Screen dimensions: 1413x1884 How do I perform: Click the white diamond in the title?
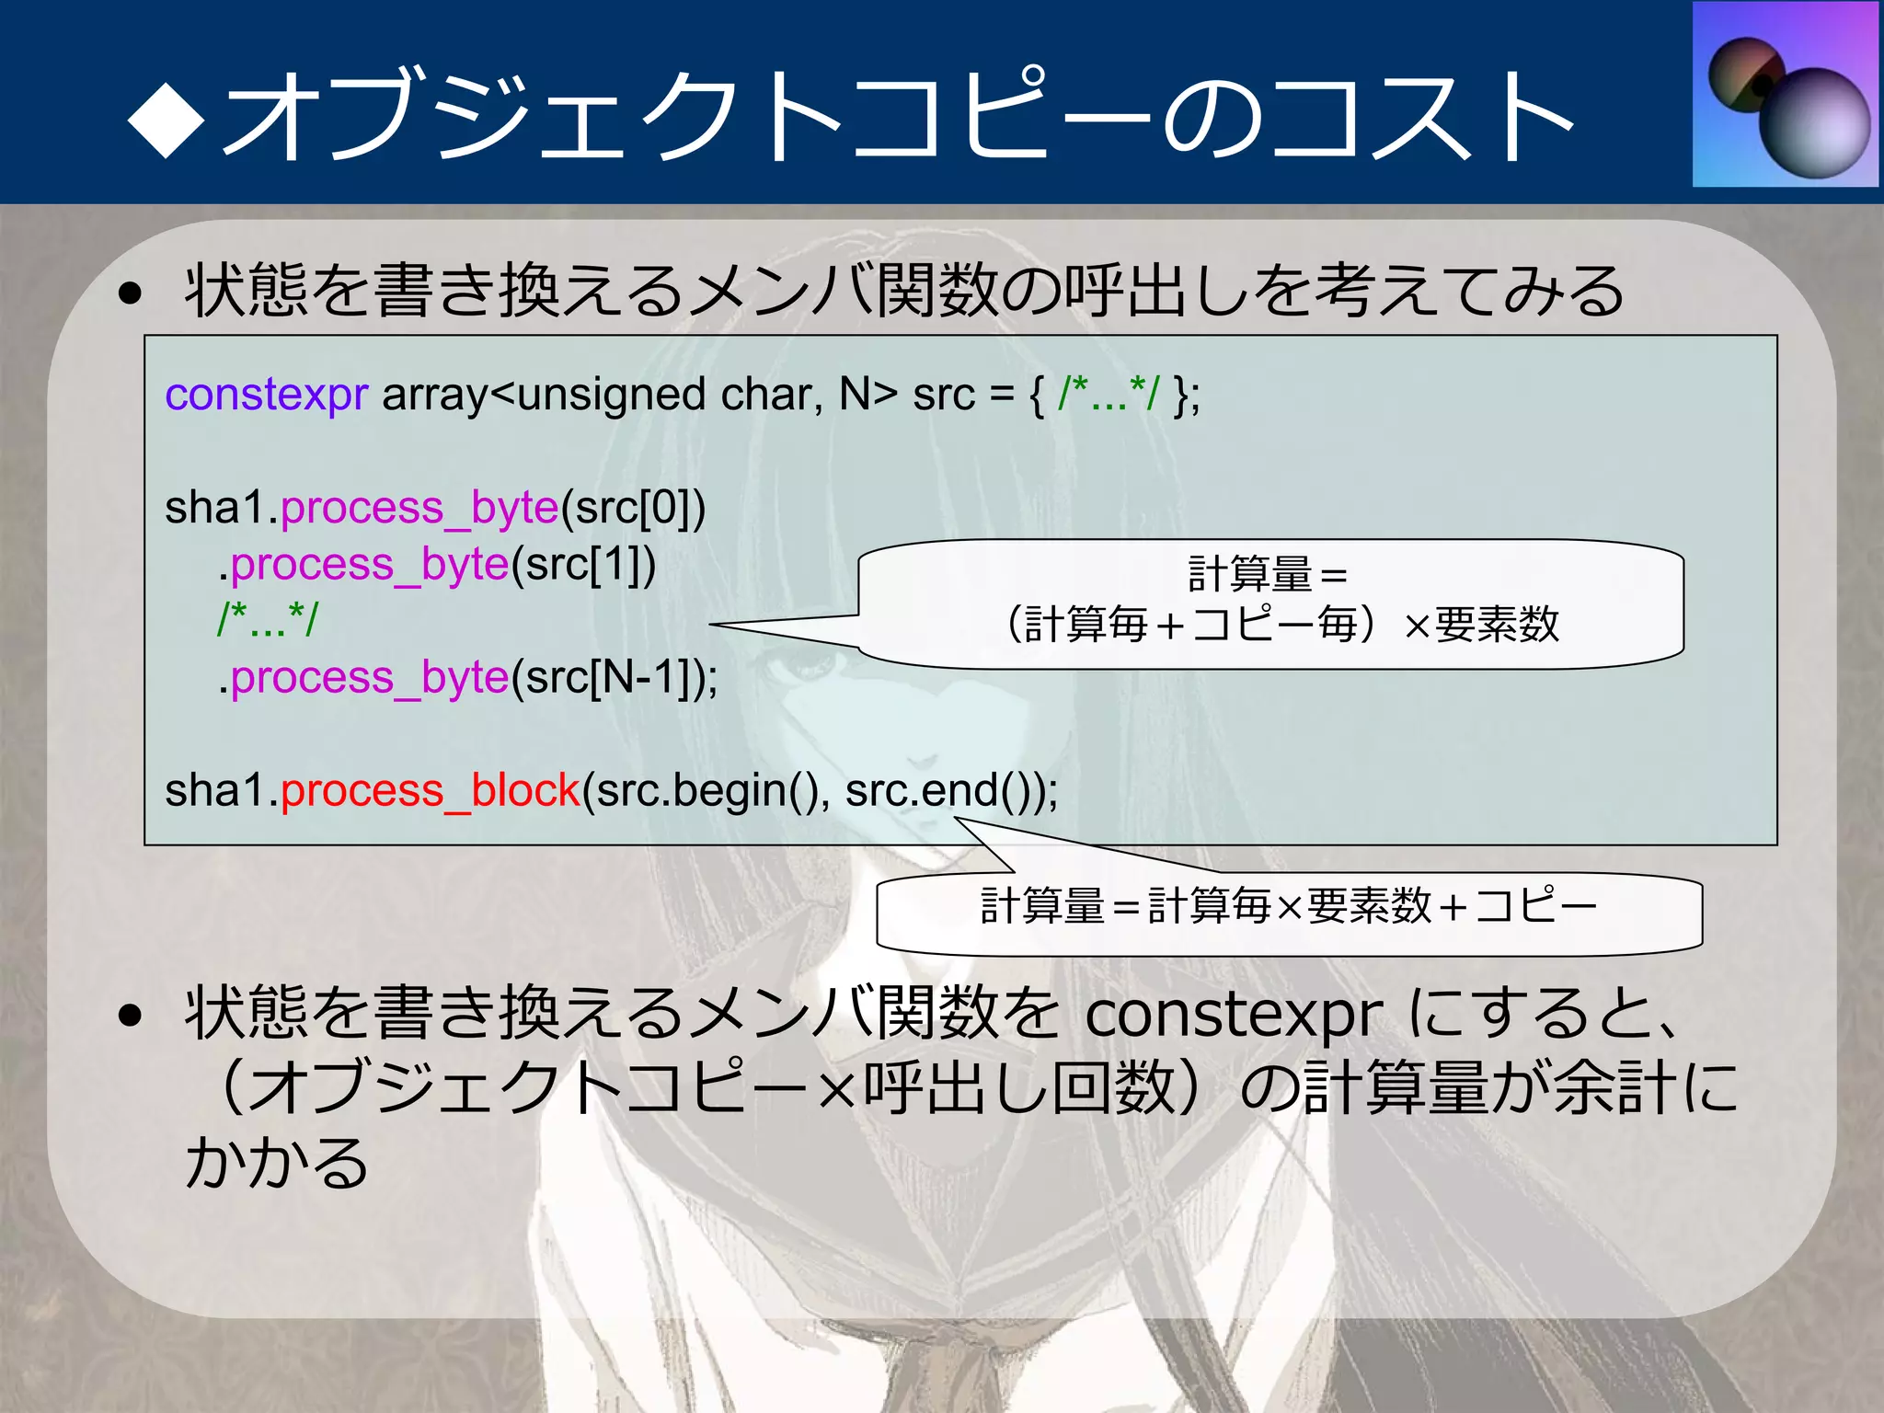point(167,119)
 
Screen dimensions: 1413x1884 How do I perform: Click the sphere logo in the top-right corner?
point(1786,95)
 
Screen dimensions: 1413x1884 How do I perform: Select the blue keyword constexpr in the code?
point(266,395)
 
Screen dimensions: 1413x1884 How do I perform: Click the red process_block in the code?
point(430,790)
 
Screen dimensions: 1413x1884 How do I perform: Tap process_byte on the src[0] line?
point(419,508)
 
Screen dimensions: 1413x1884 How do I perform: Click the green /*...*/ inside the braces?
point(1108,395)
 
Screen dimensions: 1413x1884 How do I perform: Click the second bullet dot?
point(131,1015)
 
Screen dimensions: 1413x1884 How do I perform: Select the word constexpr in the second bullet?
point(1233,1014)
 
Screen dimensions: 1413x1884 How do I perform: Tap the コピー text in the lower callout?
point(1535,906)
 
